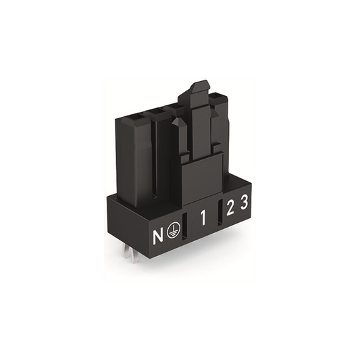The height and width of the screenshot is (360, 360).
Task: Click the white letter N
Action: tap(158, 235)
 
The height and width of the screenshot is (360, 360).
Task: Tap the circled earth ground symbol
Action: tap(174, 230)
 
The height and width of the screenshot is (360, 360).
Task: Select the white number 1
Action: tap(203, 218)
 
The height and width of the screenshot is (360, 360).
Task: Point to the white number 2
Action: tap(230, 207)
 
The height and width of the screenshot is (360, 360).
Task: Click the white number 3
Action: tap(245, 201)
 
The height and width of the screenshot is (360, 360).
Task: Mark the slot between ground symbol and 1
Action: tap(184, 226)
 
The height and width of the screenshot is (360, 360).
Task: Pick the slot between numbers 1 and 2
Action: tap(220, 211)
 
